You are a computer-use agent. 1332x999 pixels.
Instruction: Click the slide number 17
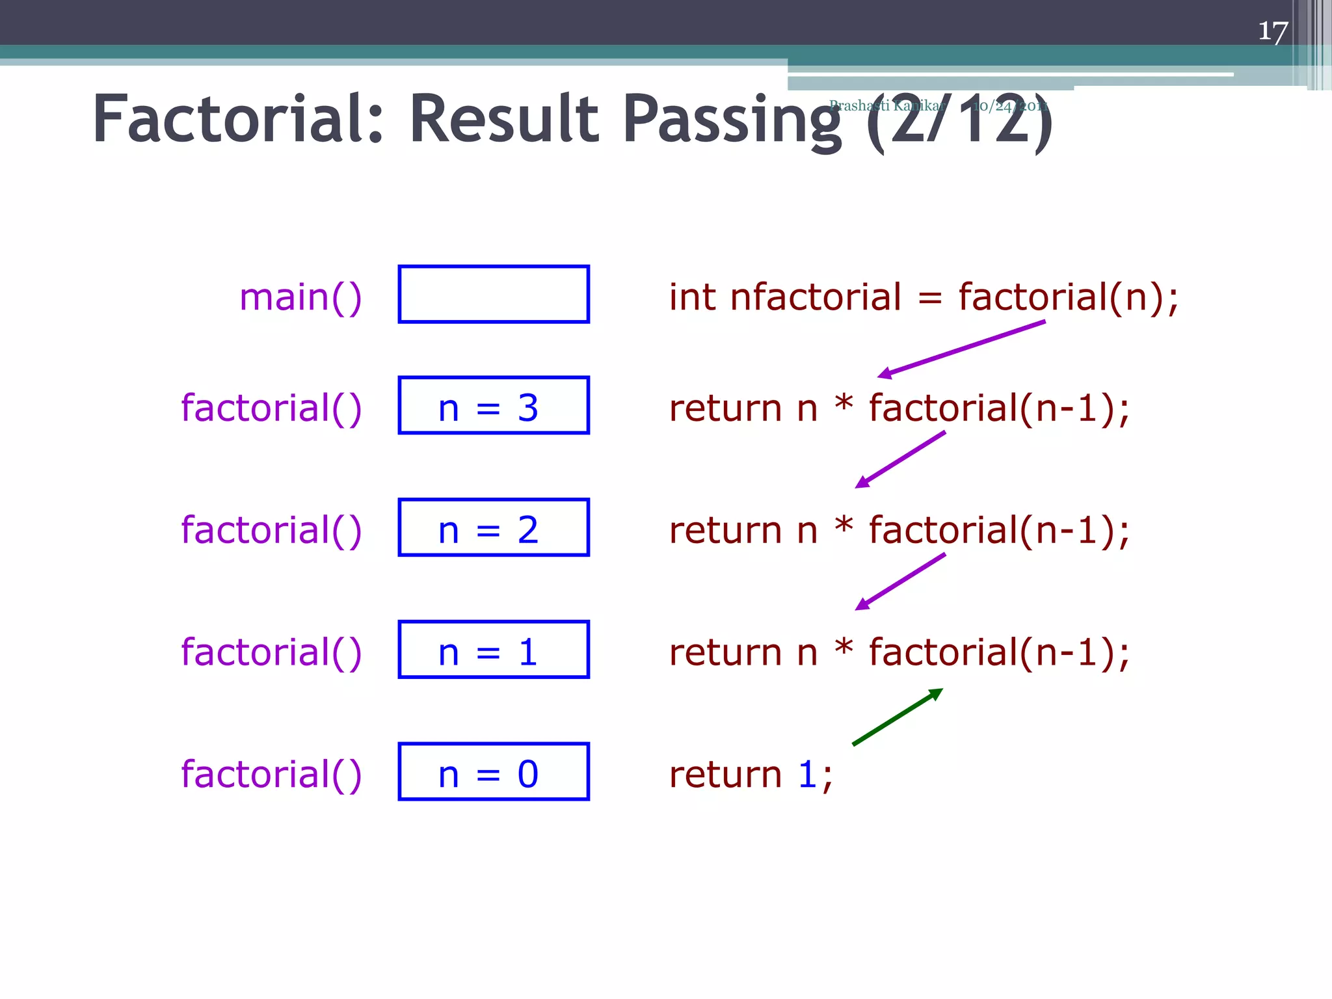coord(1273,31)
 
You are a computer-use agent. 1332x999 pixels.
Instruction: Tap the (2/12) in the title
coord(959,122)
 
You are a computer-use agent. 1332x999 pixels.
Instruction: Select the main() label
coord(300,297)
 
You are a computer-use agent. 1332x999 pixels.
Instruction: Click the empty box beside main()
coord(494,294)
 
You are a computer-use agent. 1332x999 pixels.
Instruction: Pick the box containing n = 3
coord(494,405)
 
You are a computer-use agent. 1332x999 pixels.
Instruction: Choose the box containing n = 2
coord(494,527)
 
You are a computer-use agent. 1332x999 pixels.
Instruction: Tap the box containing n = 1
coord(494,650)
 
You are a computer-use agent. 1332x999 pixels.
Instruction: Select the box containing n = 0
coord(494,771)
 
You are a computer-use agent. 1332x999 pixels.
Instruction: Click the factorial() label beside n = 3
coord(271,408)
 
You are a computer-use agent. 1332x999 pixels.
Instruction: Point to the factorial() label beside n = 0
coord(271,774)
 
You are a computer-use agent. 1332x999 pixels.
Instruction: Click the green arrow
coord(898,717)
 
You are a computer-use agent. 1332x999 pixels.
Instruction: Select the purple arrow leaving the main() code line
coord(961,349)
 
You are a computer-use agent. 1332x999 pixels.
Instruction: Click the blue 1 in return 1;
coord(807,774)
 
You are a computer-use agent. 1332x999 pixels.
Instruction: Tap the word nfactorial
coord(816,297)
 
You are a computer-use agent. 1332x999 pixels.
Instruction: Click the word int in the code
coord(692,297)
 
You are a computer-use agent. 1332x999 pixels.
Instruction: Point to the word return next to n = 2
coord(725,530)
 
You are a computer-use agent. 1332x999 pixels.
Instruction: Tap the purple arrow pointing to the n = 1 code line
coord(900,581)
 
